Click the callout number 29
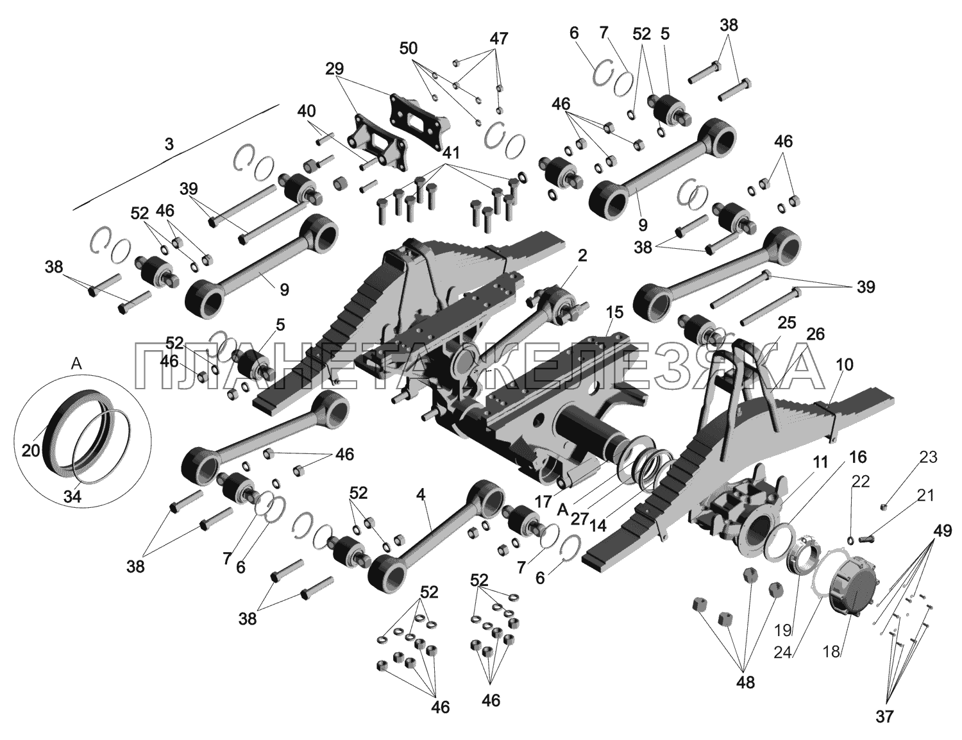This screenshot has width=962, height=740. pos(335,68)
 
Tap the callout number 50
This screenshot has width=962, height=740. pos(409,48)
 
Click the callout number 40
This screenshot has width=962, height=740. pos(307,111)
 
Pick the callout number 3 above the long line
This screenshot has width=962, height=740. pos(169,145)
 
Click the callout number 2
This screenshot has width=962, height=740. pos(582,255)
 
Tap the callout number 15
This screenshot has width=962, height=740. pos(614,312)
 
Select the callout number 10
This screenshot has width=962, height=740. pos(845,365)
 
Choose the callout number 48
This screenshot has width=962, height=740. pos(745,682)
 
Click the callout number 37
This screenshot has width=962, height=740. pos(884,716)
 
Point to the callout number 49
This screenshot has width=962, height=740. pos(942,531)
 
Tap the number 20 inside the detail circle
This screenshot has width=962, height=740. pos(30,450)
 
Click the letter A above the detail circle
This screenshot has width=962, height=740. pos(76,364)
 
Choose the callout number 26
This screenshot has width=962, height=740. pos(816,333)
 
